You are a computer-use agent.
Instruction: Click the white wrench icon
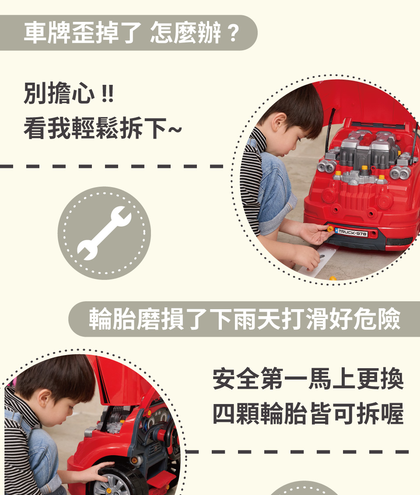(104, 233)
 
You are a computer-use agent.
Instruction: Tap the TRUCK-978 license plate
(352, 233)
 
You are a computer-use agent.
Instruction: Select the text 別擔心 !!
(69, 93)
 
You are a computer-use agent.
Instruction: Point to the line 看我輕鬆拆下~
(103, 128)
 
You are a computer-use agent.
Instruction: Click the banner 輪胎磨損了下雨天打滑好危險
(245, 319)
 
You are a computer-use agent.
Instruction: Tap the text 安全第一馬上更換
(308, 379)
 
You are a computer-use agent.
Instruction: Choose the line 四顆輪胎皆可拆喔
(308, 414)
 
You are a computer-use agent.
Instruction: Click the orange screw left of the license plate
(330, 229)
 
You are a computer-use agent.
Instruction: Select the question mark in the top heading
(233, 33)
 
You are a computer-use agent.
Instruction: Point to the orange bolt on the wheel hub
(108, 491)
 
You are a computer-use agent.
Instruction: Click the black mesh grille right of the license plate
(399, 242)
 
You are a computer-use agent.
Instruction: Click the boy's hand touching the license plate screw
(314, 233)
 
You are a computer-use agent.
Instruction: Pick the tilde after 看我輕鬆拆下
(175, 129)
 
